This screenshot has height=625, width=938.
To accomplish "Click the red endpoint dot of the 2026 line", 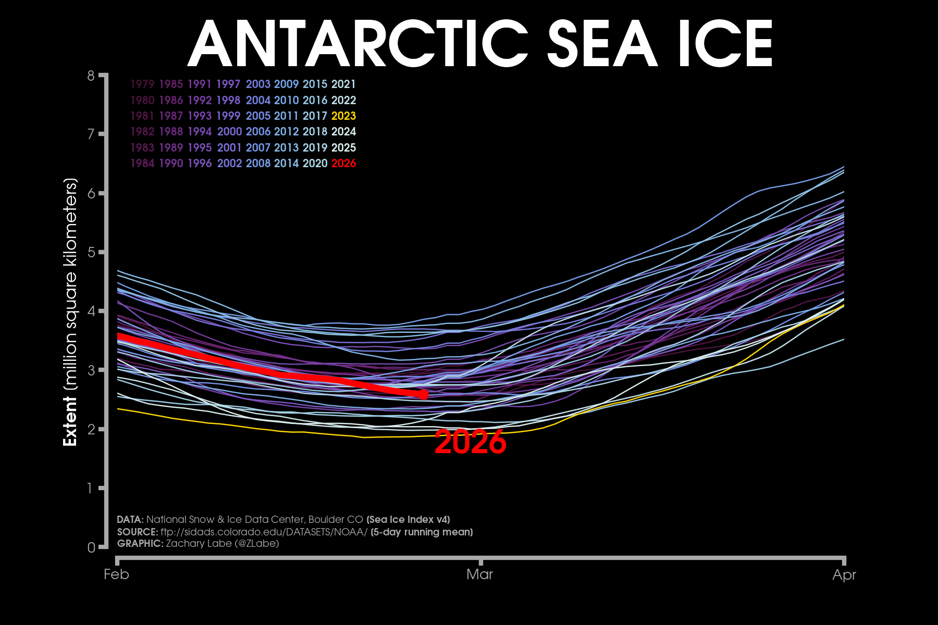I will (x=423, y=394).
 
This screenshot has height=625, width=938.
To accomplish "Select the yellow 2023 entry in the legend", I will (x=343, y=116).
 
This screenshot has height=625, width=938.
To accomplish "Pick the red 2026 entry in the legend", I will (x=343, y=164).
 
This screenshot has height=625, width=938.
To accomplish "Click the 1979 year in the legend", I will (x=142, y=84).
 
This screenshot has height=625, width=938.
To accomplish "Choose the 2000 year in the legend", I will (x=229, y=132).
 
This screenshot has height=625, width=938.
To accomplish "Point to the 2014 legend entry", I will (x=286, y=164).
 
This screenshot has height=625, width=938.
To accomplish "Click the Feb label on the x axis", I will (x=116, y=574).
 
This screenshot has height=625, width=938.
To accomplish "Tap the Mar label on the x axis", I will (x=479, y=574).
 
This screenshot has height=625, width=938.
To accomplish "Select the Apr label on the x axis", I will (x=844, y=574).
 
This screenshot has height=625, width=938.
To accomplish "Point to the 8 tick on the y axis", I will (x=92, y=76).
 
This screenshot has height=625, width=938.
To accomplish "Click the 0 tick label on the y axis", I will (x=92, y=547).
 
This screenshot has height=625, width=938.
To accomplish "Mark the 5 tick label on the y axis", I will (x=92, y=253).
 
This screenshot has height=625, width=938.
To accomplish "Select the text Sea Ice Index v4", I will (x=408, y=520).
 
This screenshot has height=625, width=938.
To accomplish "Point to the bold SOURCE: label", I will (x=138, y=532).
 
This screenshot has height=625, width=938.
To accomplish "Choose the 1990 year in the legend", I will (x=171, y=164).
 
